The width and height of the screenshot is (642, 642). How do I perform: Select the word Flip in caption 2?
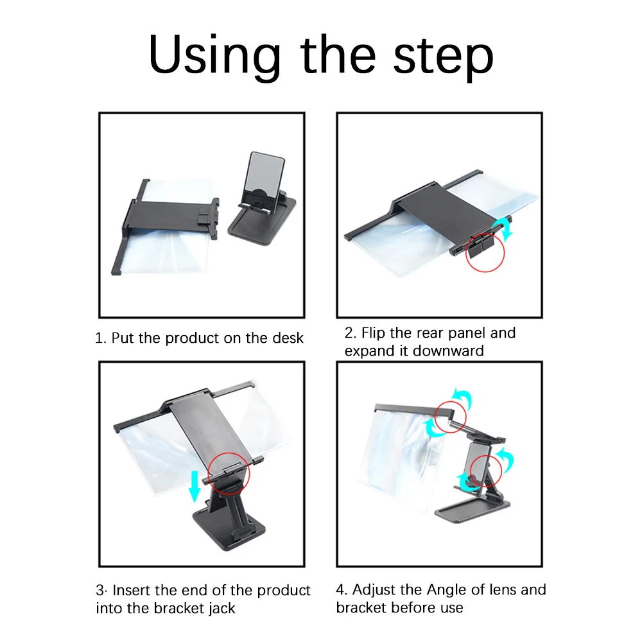(x=374, y=333)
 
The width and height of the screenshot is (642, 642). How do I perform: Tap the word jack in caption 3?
(x=221, y=609)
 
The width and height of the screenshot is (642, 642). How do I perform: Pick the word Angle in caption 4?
(x=447, y=590)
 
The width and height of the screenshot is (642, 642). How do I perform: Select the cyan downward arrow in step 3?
(x=195, y=487)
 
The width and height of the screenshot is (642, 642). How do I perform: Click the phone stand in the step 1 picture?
(x=262, y=200)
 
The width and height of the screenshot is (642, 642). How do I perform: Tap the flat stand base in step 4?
(x=472, y=508)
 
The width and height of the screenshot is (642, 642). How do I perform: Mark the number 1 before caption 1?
(x=99, y=338)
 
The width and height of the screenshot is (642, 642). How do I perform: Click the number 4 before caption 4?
(x=341, y=590)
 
